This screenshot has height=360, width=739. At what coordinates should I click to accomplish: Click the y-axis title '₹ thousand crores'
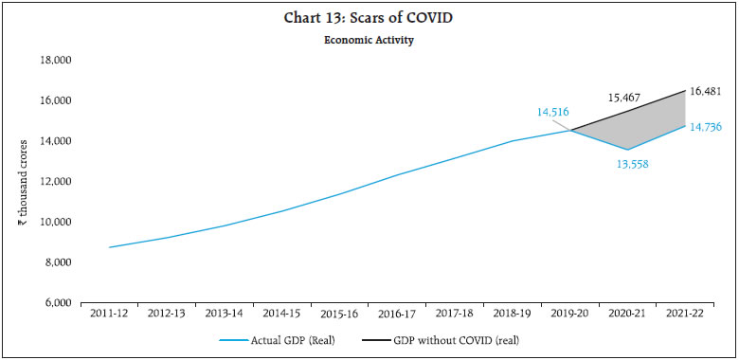coord(21,181)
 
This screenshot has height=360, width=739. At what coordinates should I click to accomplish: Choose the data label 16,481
coord(708,91)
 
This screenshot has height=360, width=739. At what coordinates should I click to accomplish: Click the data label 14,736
coord(708,126)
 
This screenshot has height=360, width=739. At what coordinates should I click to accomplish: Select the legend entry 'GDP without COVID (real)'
coord(465,338)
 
